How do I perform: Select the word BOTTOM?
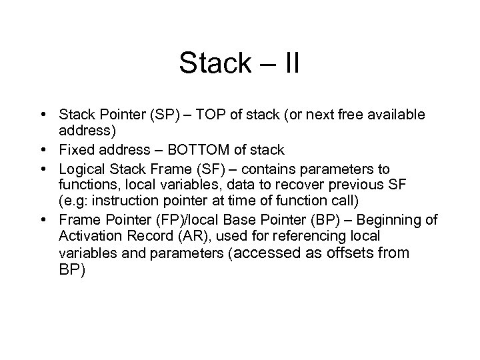pos(198,149)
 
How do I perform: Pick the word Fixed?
pos(75,149)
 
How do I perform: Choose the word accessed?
pos(259,253)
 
